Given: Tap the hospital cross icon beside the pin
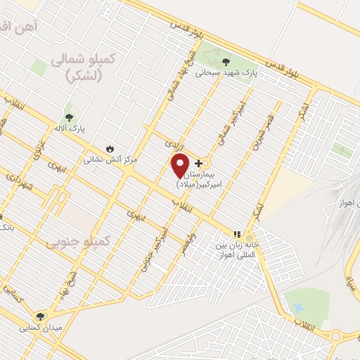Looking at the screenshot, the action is coord(198,163).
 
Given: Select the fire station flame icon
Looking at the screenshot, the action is coord(110,148).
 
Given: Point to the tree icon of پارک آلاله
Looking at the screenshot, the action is coord(69,117).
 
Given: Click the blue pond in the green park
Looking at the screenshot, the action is coord(297,308).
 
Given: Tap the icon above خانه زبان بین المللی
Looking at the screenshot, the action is coord(237,234).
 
